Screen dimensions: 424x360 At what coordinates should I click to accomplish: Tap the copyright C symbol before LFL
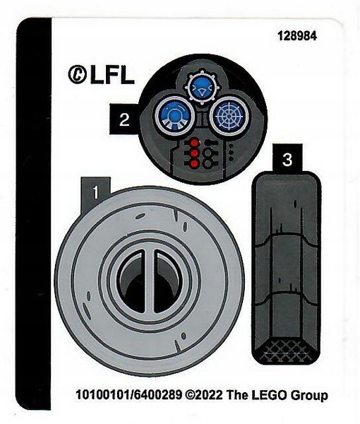tap(77, 74)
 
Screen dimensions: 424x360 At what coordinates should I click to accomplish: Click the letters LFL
tap(112, 74)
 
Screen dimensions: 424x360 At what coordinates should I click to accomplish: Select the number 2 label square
tap(123, 120)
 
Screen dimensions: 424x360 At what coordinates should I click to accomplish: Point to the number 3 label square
tap(286, 160)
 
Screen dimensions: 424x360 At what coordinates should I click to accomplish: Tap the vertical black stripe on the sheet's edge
tap(33, 212)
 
